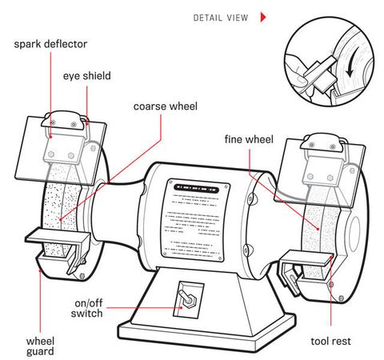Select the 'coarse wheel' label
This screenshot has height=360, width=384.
tap(165, 105)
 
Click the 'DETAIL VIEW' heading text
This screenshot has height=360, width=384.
tap(222, 17)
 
